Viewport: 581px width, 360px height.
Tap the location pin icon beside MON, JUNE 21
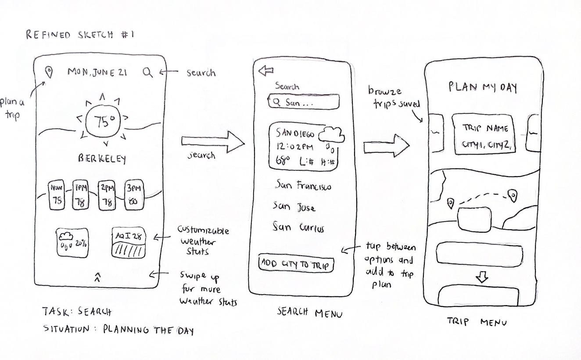(50, 72)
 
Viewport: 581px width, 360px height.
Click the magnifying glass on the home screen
(148, 72)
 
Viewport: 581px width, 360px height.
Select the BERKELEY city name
(102, 158)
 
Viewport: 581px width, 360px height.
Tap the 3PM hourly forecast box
(134, 194)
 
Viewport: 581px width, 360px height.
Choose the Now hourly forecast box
(57, 194)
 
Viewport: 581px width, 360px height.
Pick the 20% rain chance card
(72, 242)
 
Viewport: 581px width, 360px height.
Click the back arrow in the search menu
(266, 71)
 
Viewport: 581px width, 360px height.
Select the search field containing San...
(304, 102)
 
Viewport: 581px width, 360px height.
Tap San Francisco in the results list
(303, 186)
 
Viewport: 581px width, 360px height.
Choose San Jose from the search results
(294, 206)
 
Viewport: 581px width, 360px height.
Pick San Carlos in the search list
(298, 227)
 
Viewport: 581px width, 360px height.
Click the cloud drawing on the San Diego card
(332, 135)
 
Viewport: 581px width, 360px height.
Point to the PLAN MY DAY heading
(483, 87)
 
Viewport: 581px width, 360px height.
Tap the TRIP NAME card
(484, 134)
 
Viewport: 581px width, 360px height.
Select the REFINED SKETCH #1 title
(79, 35)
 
